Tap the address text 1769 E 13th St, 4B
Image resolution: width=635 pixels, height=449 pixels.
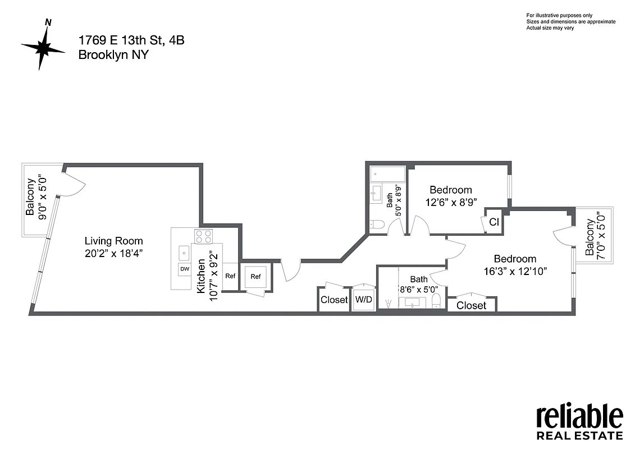tap(131, 40)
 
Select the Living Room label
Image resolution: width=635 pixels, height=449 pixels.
tap(114, 241)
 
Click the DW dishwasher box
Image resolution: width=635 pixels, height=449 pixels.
tap(184, 269)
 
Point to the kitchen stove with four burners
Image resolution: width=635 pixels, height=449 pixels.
tap(203, 236)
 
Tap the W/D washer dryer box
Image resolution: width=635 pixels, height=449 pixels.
tap(364, 300)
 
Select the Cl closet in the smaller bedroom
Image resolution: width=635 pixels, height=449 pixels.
tap(494, 222)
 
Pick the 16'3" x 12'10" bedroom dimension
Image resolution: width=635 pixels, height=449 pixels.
tap(515, 271)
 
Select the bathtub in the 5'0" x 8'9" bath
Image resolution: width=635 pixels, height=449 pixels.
tap(387, 174)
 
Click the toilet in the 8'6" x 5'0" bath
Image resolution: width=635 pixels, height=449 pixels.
tap(436, 303)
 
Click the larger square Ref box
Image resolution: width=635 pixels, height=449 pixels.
tap(256, 276)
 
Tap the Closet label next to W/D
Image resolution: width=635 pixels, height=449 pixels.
tap(334, 300)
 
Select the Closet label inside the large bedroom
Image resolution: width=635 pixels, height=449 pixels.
tap(471, 305)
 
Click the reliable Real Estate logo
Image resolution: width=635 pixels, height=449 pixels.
tap(579, 422)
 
